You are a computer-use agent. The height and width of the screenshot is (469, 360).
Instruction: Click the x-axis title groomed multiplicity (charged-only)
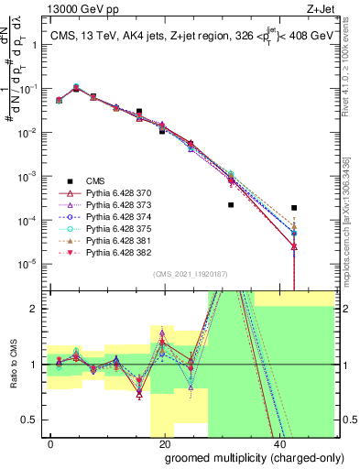(x=243, y=456)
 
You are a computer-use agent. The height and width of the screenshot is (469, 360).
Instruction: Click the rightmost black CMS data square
(x=293, y=208)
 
